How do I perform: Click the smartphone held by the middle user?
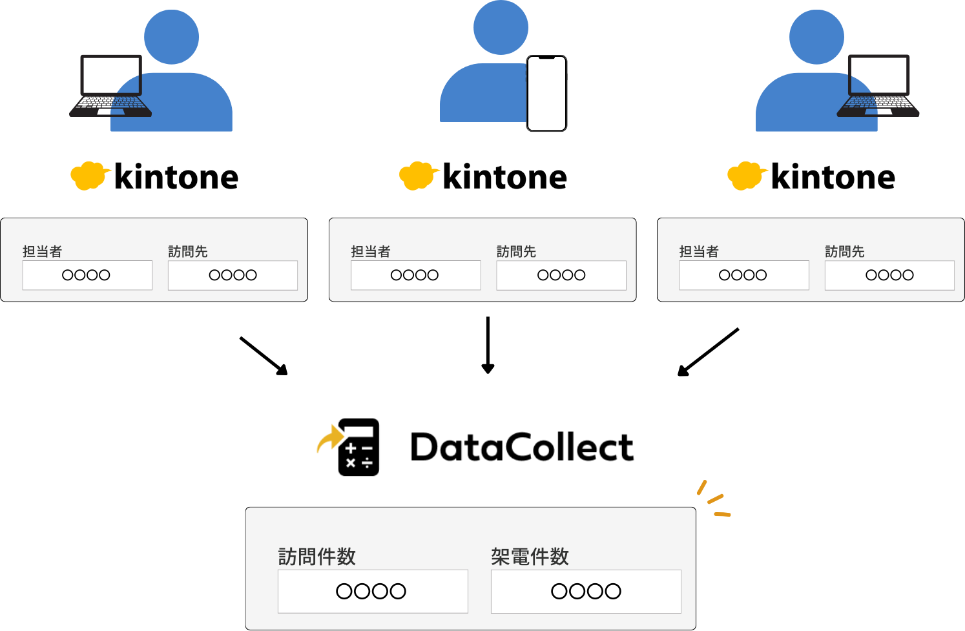click(x=546, y=94)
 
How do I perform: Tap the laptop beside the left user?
click(x=110, y=87)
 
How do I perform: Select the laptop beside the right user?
click(x=878, y=87)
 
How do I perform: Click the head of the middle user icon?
click(x=501, y=27)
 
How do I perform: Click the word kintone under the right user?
click(x=833, y=177)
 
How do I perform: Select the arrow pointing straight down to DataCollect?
click(x=488, y=345)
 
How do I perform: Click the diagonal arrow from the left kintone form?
click(x=264, y=356)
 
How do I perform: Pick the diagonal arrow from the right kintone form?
click(x=708, y=352)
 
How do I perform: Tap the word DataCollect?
click(x=522, y=448)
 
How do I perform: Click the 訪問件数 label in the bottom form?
click(x=316, y=557)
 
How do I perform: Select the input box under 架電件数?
click(x=586, y=591)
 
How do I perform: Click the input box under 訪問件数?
click(x=373, y=591)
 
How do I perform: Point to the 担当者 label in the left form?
click(x=42, y=251)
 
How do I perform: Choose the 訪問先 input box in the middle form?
click(x=561, y=275)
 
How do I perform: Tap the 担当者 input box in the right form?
click(x=743, y=275)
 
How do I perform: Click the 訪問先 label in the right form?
click(x=844, y=251)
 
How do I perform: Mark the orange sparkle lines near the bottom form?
click(x=713, y=499)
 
